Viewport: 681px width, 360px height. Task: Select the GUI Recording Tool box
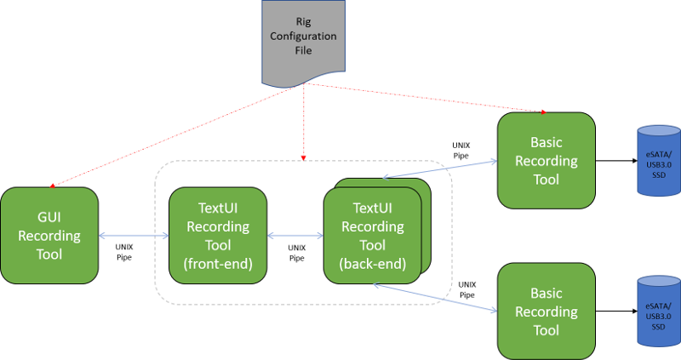[49, 235]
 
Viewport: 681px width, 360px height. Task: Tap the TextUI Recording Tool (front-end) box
[218, 235]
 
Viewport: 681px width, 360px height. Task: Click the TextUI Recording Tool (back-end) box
[372, 235]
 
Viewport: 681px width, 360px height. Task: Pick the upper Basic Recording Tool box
[546, 160]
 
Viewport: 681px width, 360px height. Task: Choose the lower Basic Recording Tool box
[546, 311]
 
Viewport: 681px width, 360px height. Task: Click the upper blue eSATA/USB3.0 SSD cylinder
[660, 162]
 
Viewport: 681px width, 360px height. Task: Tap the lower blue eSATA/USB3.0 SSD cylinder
[660, 313]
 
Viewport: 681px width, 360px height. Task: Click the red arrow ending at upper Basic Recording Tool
[426, 98]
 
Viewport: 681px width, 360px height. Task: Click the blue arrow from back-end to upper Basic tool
[438, 168]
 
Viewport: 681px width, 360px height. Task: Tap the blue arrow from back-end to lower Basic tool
[434, 298]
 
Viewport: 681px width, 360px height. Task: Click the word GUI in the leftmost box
[49, 217]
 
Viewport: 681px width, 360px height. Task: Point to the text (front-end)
[218, 263]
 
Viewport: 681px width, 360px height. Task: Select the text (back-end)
[372, 263]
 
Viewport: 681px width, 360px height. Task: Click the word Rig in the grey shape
[304, 21]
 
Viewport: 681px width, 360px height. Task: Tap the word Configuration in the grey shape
[304, 36]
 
